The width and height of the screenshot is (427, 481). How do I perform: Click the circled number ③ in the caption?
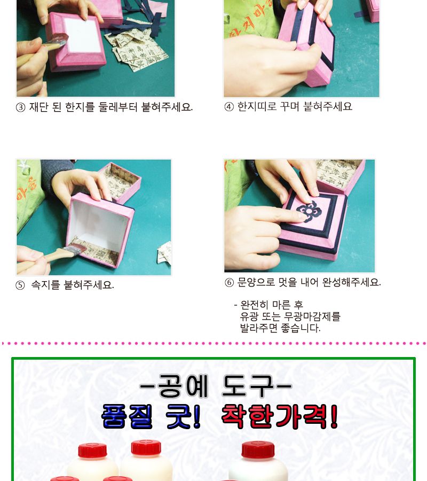click(x=21, y=107)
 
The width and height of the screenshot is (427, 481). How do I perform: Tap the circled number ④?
click(x=229, y=106)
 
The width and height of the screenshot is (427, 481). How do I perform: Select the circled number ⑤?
click(x=20, y=285)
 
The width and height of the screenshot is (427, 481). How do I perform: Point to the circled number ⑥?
click(x=229, y=283)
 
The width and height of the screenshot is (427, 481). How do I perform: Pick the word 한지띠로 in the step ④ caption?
click(x=257, y=106)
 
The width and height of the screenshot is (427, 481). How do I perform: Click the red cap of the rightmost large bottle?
click(x=258, y=449)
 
